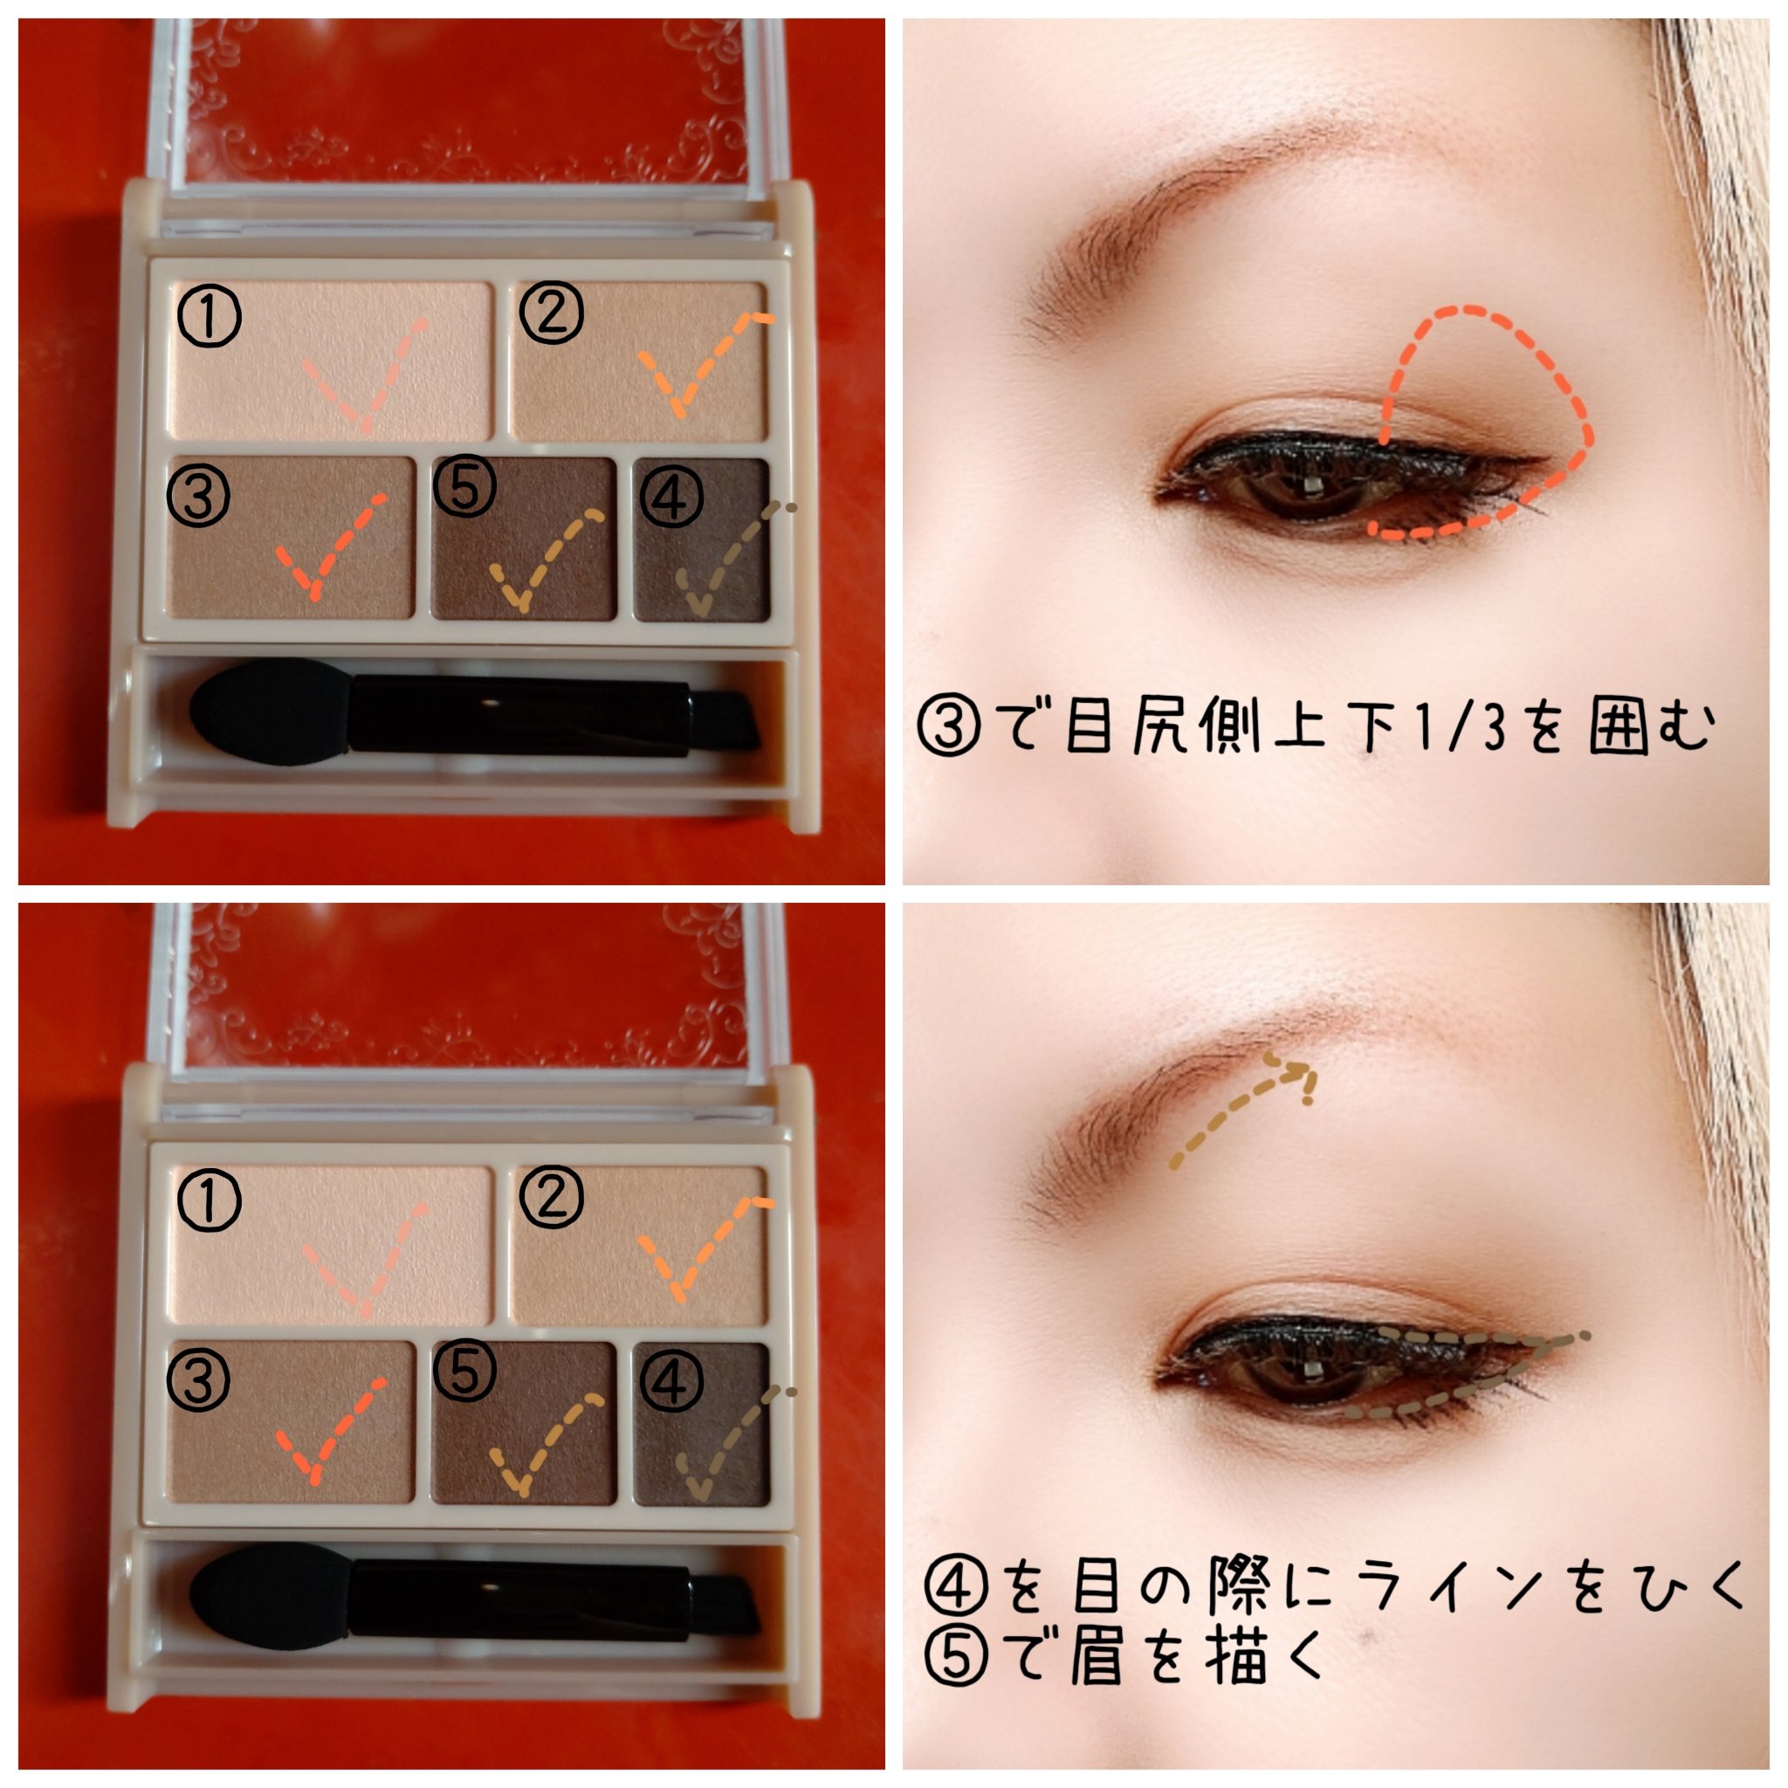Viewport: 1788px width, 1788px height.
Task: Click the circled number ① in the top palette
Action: (210, 315)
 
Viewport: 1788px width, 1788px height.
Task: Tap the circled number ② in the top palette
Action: (551, 313)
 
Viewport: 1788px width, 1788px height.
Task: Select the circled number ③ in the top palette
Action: (199, 496)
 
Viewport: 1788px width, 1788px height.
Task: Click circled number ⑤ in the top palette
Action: (465, 487)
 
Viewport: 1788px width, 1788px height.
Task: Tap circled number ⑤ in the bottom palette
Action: (465, 1371)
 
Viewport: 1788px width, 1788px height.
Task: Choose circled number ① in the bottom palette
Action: (210, 1200)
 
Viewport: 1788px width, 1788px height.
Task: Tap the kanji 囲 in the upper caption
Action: (1620, 726)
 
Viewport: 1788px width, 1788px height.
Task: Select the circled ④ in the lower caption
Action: (955, 1585)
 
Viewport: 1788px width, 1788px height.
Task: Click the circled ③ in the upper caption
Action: (949, 726)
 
